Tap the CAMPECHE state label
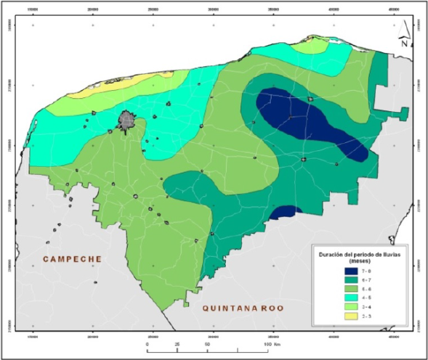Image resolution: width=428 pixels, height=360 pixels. [70, 259]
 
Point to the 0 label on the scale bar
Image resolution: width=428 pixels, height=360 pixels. [148, 343]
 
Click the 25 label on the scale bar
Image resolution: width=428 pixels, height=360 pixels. [178, 343]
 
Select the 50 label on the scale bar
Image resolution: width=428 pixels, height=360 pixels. [209, 343]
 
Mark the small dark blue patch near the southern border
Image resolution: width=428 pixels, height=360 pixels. [287, 211]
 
